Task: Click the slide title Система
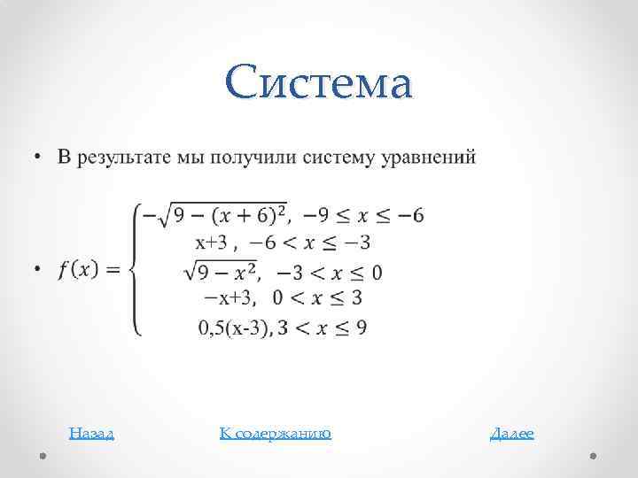pos(319,84)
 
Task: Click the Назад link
pos(91,433)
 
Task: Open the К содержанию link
pos(275,433)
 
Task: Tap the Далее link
pos(512,433)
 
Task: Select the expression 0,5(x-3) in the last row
pos(235,328)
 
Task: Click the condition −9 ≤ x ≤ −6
pos(362,215)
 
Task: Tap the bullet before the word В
pos(38,158)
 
